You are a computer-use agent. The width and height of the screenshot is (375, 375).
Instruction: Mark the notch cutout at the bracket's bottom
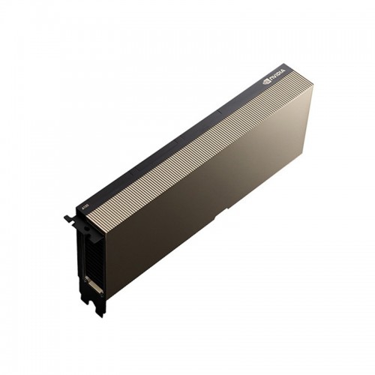93,304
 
